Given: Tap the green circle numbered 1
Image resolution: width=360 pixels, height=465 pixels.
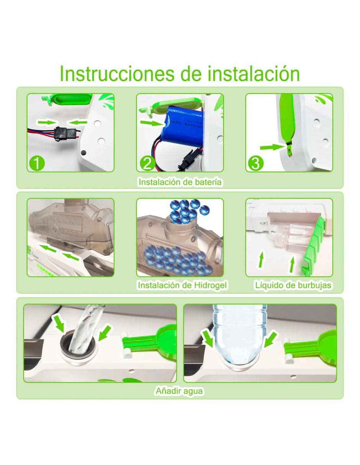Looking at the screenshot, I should (x=37, y=163).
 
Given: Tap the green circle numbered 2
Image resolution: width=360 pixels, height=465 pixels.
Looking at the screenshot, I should (x=147, y=163).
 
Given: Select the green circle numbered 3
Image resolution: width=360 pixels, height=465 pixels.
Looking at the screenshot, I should (x=255, y=163).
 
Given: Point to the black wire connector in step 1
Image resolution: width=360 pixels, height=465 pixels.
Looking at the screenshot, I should (x=60, y=132).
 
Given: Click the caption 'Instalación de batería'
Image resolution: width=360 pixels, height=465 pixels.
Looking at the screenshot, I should (x=180, y=182).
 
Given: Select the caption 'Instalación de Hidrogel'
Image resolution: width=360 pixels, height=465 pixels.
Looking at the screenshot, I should (x=182, y=286).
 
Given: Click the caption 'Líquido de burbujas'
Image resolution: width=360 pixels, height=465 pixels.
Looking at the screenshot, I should (x=293, y=286).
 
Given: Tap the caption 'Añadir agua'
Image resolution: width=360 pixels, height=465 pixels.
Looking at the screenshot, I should (x=179, y=391).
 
